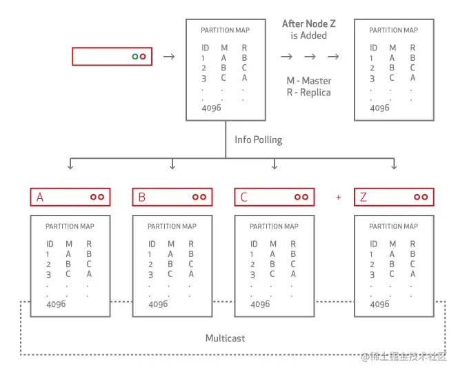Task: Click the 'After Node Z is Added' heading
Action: (309, 30)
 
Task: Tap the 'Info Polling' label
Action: (258, 140)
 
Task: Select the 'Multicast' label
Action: (225, 338)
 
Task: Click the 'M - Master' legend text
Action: (308, 81)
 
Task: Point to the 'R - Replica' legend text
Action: (308, 92)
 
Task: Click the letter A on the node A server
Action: (40, 198)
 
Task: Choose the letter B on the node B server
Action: (142, 198)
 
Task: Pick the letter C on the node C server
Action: (243, 198)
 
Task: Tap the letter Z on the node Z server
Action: (364, 198)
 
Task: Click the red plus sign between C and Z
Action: (338, 198)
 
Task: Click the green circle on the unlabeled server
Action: (135, 56)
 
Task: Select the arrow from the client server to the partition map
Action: (168, 56)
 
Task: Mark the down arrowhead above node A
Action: (70, 166)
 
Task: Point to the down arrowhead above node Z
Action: (394, 166)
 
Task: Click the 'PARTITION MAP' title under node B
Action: (172, 226)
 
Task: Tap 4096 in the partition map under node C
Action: (260, 304)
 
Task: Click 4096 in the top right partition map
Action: (379, 108)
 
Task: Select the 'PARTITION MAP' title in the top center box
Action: (225, 30)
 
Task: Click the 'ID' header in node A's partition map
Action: (50, 244)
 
